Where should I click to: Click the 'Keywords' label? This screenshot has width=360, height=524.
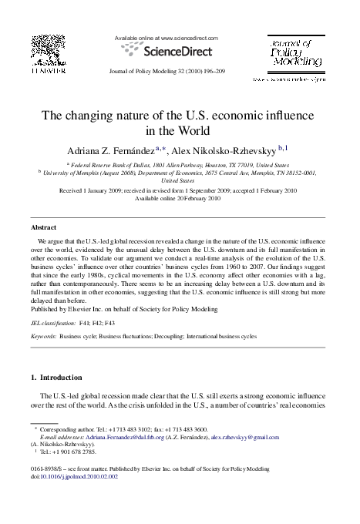pos(43,337)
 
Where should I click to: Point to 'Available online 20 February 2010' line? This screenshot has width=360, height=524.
pos(178,198)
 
